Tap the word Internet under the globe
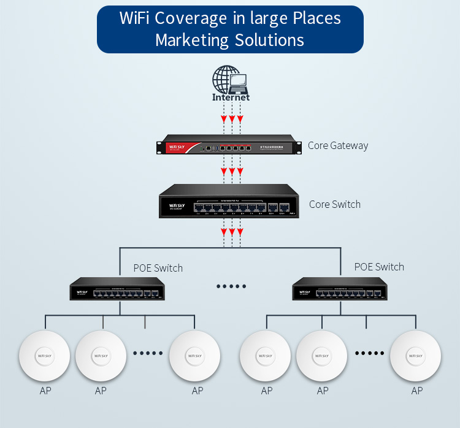231,97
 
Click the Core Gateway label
338,146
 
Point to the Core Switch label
335,204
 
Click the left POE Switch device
117,289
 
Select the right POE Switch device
340,289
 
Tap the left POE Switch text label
158,268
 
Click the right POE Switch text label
379,267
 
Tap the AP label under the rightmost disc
417,391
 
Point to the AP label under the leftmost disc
44,391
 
